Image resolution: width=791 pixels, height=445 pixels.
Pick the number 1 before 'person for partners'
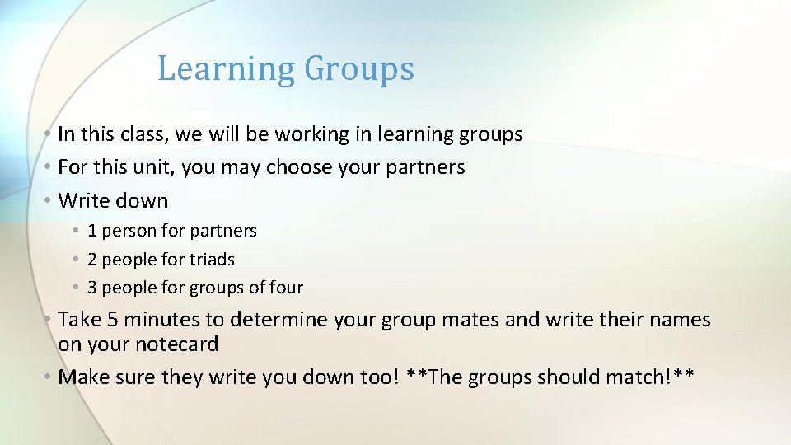(x=92, y=232)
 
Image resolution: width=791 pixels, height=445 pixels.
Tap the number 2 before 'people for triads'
(x=92, y=260)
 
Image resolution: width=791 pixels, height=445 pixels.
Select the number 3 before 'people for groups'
(x=92, y=288)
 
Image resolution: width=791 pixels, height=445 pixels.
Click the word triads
(x=213, y=260)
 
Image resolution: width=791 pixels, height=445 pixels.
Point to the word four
(x=286, y=288)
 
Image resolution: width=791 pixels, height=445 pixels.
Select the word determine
(x=279, y=320)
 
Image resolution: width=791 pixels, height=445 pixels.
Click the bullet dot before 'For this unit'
(x=49, y=167)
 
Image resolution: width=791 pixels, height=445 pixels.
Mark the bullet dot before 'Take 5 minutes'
(x=49, y=320)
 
